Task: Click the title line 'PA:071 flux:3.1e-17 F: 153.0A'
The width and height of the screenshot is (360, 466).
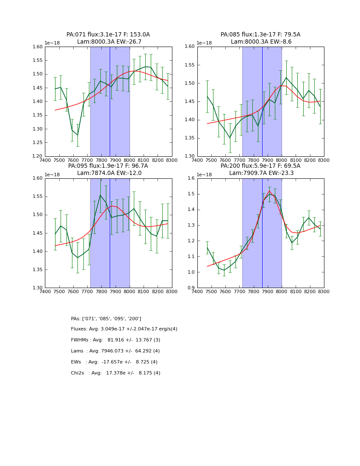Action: tap(108, 35)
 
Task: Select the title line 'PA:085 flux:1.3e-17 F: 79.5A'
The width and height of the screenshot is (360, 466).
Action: tap(260, 35)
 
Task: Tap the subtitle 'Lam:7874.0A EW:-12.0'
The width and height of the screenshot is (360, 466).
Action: tap(109, 173)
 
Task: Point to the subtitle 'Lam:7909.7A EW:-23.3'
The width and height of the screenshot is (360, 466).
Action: tap(261, 173)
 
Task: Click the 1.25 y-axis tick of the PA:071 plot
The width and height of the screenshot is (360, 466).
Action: tap(38, 143)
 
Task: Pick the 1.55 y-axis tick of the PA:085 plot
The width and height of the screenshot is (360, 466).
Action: tap(190, 65)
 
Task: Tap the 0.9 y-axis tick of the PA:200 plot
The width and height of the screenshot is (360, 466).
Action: tap(191, 288)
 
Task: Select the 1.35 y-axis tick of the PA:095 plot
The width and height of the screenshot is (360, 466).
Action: tap(38, 270)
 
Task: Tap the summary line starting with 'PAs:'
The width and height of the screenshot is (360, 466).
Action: tap(106, 319)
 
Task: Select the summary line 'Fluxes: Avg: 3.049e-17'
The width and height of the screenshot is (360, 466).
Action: tap(124, 329)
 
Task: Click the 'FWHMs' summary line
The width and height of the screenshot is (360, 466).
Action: tap(115, 340)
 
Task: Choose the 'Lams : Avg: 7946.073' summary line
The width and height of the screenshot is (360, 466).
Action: tap(115, 351)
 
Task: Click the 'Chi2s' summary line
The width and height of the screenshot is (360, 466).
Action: tap(115, 373)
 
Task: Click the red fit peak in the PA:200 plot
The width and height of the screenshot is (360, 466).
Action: tap(269, 191)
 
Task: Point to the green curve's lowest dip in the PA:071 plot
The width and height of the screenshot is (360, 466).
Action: tap(78, 135)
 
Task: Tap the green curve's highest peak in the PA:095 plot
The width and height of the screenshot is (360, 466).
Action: tap(100, 195)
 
